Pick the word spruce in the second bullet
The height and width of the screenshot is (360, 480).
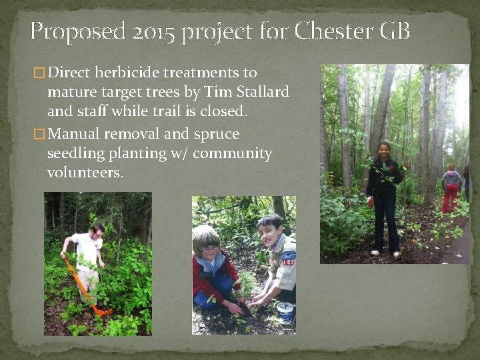point(216,134)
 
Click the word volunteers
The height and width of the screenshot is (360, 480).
point(85,173)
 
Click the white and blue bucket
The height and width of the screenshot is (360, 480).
point(285,311)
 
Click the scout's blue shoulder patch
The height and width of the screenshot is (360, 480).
point(288,255)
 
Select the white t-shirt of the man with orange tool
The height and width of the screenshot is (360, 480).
point(88,250)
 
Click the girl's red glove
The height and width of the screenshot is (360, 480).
point(370,200)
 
